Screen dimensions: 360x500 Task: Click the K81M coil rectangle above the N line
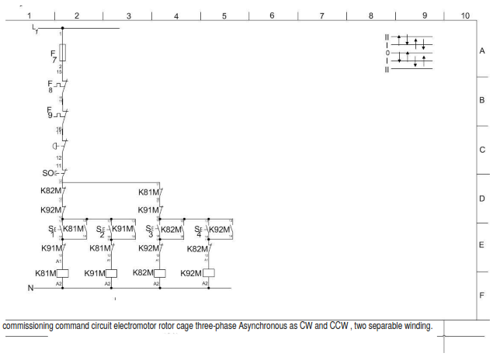pos(64,273)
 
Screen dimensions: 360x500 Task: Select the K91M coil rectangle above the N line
pos(111,273)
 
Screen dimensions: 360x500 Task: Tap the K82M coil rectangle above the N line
pos(160,273)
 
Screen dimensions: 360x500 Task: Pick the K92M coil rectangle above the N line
pos(208,273)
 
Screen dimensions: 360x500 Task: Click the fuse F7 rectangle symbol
pos(62,53)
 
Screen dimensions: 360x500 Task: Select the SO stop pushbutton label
pos(48,173)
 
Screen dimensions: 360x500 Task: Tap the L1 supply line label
pos(34,29)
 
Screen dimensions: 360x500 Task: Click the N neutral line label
pos(31,288)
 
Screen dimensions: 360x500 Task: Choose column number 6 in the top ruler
pos(273,15)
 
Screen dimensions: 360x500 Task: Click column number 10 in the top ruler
pos(464,15)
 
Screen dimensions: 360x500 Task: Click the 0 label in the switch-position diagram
pos(387,52)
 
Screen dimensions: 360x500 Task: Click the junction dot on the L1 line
pos(62,28)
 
